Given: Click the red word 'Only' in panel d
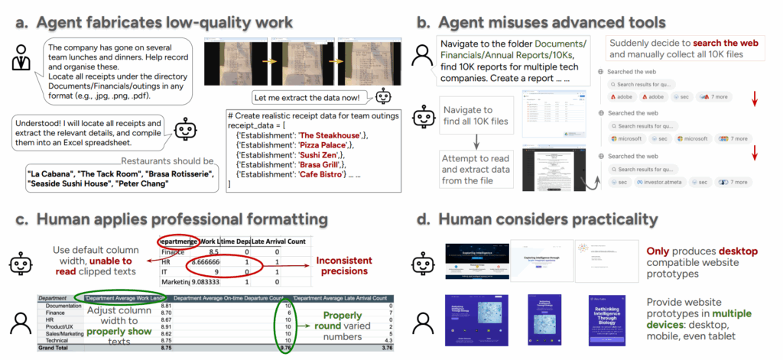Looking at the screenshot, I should point(660,251).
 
